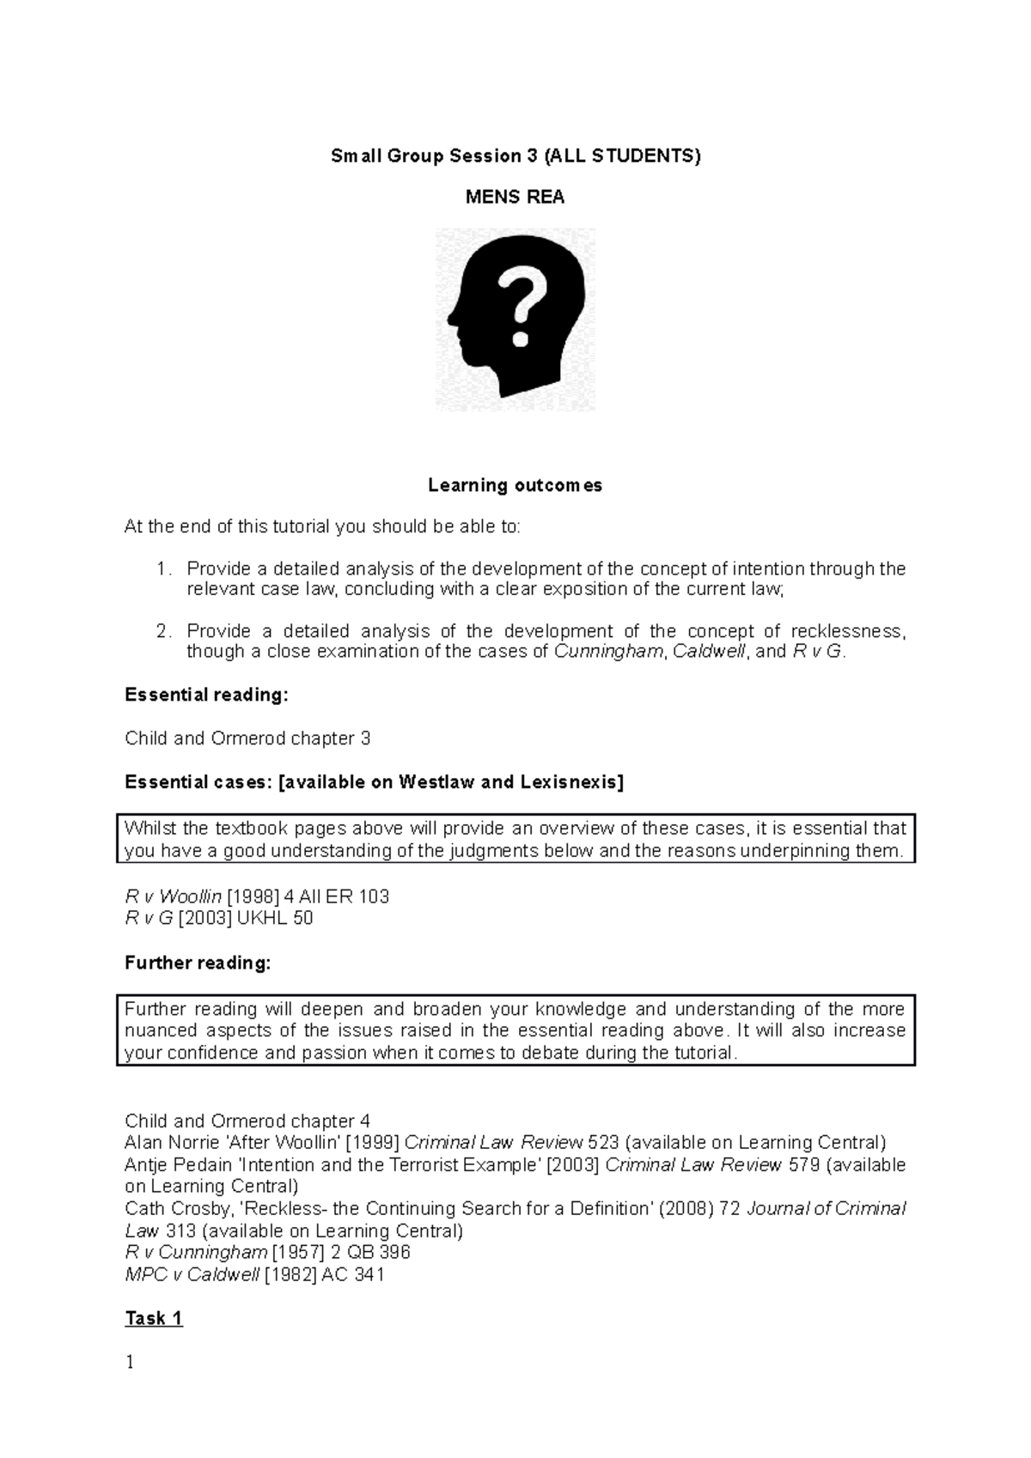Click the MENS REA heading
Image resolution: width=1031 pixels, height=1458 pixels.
[x=515, y=197]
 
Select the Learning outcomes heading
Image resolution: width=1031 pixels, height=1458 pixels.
[x=515, y=485]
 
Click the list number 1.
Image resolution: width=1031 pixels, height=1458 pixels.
[x=163, y=568]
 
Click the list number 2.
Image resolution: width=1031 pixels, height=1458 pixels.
[x=163, y=631]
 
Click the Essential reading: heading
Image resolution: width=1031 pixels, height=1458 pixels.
[x=206, y=695]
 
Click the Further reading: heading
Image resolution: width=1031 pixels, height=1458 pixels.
[x=198, y=963]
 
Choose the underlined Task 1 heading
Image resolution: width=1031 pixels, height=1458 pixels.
[x=154, y=1319]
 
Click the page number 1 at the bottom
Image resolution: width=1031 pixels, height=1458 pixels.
[x=130, y=1362]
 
